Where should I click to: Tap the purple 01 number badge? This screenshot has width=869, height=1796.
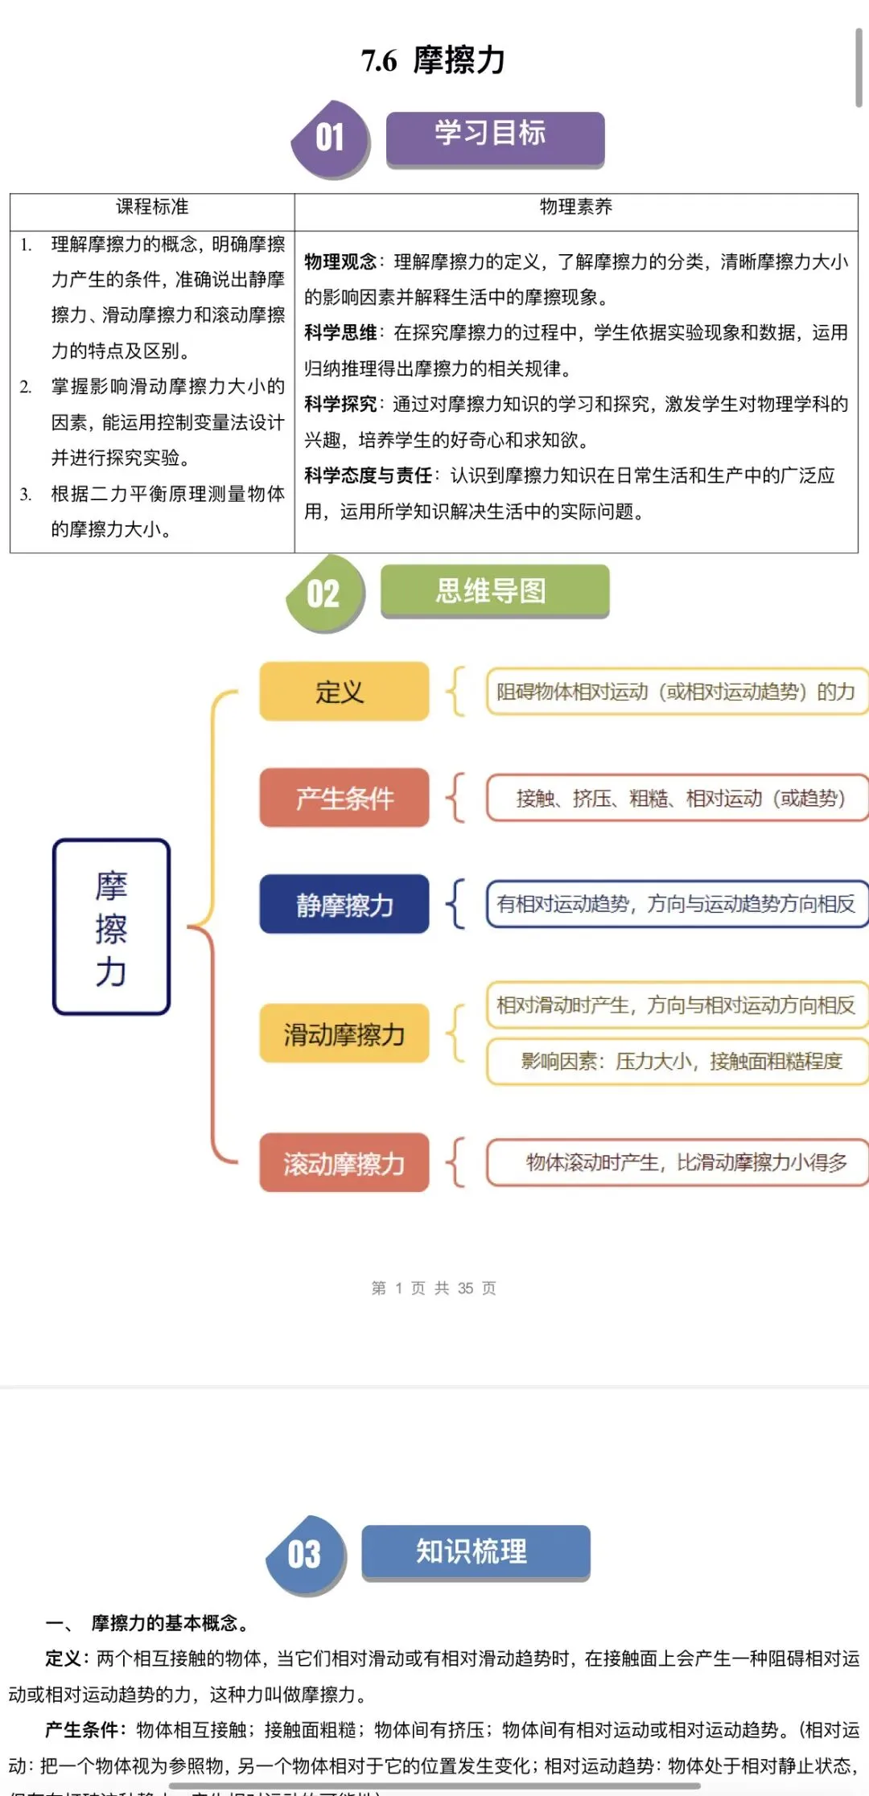(330, 138)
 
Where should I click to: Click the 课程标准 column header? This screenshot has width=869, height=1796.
(152, 208)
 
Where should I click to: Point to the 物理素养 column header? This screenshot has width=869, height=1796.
(575, 208)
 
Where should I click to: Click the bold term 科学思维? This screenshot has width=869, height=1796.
(340, 333)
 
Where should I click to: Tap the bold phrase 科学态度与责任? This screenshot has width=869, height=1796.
(368, 475)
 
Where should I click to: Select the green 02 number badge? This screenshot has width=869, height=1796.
(324, 594)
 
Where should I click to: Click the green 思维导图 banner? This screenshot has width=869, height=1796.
(494, 591)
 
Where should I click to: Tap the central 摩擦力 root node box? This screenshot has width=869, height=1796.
(111, 927)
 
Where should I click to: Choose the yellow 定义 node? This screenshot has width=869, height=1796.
(344, 691)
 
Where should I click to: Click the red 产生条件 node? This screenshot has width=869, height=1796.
(344, 798)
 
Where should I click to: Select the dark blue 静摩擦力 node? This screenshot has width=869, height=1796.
(344, 904)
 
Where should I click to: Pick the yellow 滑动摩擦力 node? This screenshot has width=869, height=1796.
(344, 1034)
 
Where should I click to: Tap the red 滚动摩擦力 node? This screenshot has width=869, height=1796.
(344, 1163)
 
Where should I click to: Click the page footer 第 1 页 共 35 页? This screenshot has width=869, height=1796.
(434, 1288)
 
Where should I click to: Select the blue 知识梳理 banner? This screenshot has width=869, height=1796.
(475, 1551)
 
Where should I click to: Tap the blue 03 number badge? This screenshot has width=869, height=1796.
(305, 1555)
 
